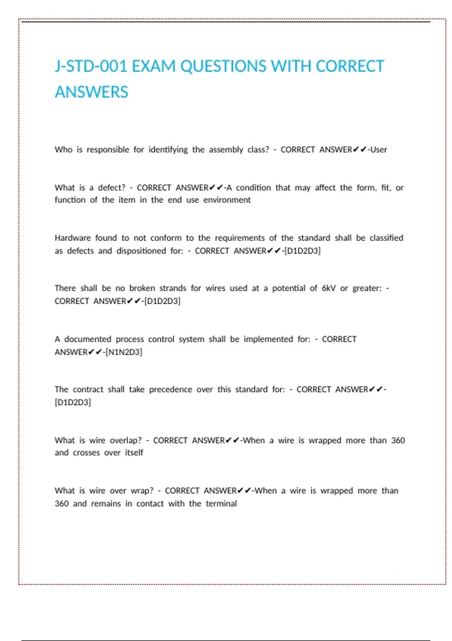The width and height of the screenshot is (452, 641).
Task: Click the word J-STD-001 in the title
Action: (91, 66)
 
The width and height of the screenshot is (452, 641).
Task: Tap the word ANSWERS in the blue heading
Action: (92, 92)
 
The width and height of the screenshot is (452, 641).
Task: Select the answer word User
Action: (379, 150)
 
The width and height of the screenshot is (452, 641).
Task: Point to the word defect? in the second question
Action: (111, 188)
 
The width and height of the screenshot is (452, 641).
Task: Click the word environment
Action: (227, 200)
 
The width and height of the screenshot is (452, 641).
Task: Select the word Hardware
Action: (73, 238)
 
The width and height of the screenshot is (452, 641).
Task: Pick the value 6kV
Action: (328, 288)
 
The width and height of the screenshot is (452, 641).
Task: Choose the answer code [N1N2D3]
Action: (124, 352)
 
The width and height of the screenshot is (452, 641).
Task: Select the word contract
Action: (88, 390)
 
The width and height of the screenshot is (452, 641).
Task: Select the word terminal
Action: (221, 504)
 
